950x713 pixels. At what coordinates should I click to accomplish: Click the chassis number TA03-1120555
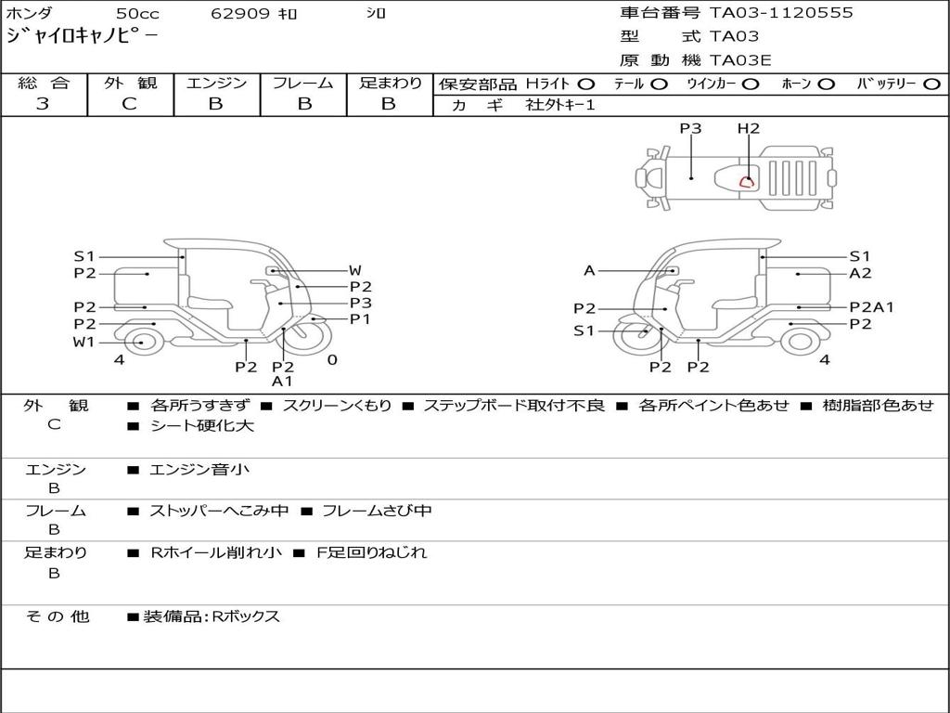[x=781, y=13]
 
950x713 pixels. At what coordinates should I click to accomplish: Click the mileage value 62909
[x=239, y=14]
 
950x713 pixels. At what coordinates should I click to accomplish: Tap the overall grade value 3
[x=43, y=104]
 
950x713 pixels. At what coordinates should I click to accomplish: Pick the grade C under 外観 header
[x=130, y=104]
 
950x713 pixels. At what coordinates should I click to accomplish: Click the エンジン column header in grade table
[x=216, y=84]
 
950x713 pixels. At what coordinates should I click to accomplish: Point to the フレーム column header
[x=303, y=84]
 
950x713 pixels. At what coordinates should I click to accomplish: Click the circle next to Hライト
[x=586, y=84]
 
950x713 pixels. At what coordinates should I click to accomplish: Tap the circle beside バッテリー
[x=931, y=84]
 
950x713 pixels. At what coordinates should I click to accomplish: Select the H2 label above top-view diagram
[x=749, y=129]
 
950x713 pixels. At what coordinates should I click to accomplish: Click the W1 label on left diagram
[x=84, y=343]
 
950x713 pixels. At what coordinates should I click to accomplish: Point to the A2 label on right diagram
[x=860, y=273]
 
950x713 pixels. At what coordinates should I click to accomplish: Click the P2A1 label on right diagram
[x=870, y=307]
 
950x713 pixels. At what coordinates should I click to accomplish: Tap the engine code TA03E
[x=740, y=60]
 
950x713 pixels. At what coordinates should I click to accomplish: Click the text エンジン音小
[x=199, y=470]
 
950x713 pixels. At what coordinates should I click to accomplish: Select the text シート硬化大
[x=201, y=426]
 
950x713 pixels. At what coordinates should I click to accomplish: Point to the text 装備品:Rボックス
[x=211, y=616]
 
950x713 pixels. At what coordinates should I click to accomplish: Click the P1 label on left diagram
[x=360, y=319]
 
